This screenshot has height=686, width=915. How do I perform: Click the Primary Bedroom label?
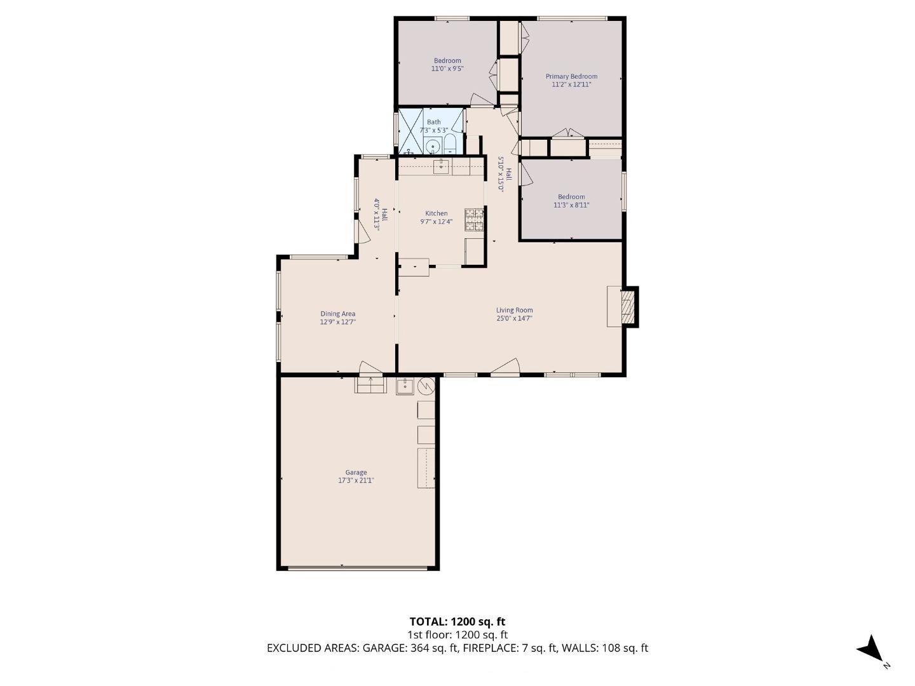(x=571, y=76)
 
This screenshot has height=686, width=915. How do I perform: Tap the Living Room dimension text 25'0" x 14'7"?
(x=514, y=319)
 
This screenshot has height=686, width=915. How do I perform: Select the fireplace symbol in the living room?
(x=627, y=307)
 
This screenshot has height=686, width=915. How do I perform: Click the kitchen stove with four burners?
(x=474, y=220)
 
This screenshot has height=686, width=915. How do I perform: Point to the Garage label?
(x=356, y=472)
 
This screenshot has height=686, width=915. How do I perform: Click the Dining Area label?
(x=337, y=313)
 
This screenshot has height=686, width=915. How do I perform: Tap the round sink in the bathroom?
(x=432, y=146)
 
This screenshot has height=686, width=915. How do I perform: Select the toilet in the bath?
(x=449, y=144)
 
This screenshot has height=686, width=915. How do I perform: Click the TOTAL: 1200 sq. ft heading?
(x=457, y=621)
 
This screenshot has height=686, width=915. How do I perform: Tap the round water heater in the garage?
(x=426, y=386)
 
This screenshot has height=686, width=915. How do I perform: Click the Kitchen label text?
(x=436, y=213)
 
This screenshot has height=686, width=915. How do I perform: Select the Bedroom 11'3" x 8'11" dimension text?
(x=571, y=205)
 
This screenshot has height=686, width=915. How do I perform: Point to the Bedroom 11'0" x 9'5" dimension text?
(x=447, y=69)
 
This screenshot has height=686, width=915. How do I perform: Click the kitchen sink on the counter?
(x=441, y=167)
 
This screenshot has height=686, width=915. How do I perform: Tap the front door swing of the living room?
(x=506, y=368)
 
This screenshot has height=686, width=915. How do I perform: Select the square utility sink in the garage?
(x=405, y=386)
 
